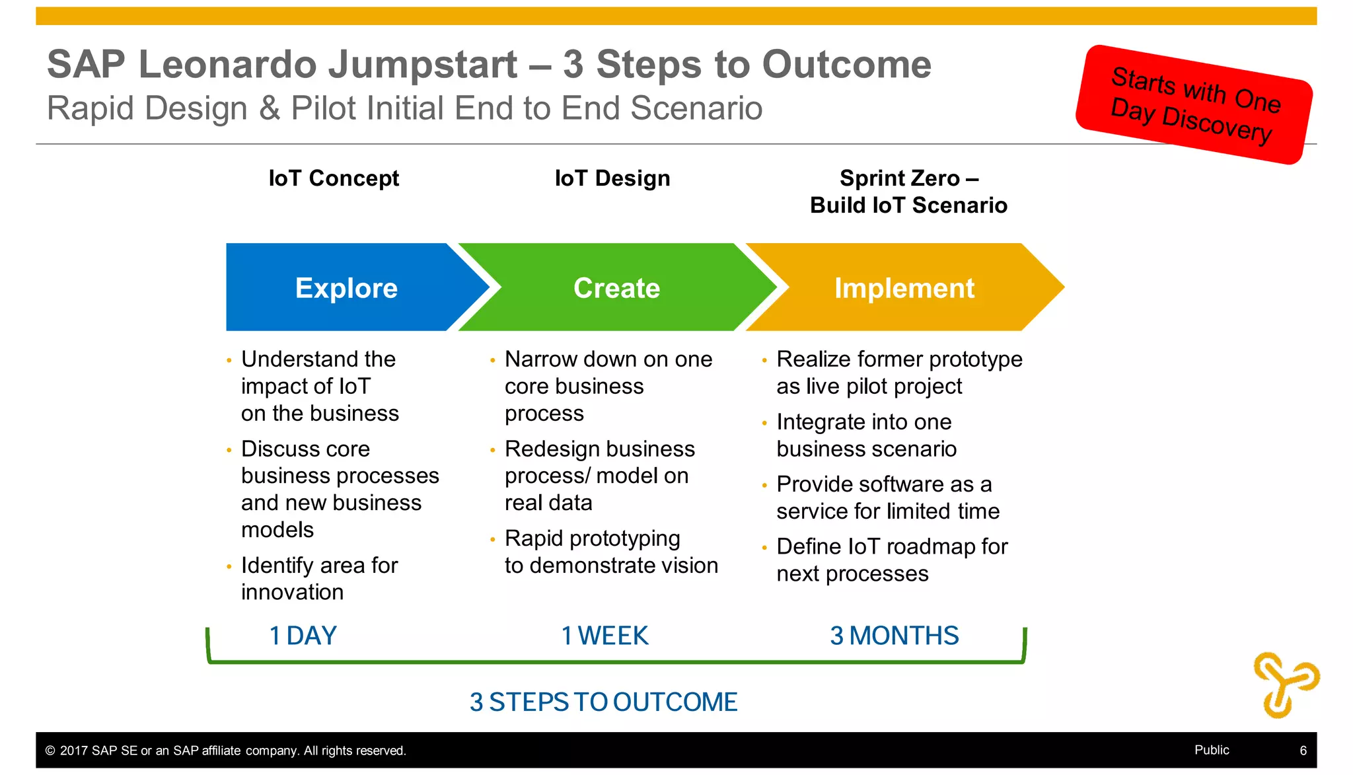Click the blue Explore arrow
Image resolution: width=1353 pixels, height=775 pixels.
pyautogui.click(x=346, y=288)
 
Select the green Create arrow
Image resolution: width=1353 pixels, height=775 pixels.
pyautogui.click(x=616, y=288)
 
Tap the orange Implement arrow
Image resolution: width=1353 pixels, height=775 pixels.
pyautogui.click(x=904, y=288)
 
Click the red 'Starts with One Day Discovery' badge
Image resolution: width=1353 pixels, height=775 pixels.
pyautogui.click(x=1194, y=104)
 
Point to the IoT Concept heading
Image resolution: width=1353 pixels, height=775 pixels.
pyautogui.click(x=334, y=178)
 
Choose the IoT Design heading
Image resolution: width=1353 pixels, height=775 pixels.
pyautogui.click(x=612, y=178)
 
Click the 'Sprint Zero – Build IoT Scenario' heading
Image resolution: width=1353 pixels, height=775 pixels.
pyautogui.click(x=908, y=192)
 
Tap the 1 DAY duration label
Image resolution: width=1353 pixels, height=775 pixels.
pyautogui.click(x=303, y=636)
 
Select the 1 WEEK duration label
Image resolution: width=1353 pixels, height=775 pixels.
pyautogui.click(x=604, y=636)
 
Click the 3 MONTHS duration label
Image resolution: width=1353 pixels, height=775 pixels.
pyautogui.click(x=894, y=636)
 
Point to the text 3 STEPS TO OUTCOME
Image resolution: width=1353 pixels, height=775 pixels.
pyautogui.click(x=603, y=702)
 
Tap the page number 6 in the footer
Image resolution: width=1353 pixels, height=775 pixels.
pyautogui.click(x=1303, y=751)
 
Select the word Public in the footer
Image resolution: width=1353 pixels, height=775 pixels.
pyautogui.click(x=1212, y=750)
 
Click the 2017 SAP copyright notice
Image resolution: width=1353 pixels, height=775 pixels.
pyautogui.click(x=225, y=751)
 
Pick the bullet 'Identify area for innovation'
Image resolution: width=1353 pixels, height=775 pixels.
pyautogui.click(x=319, y=579)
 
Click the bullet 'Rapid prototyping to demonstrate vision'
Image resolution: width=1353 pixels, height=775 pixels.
pyautogui.click(x=610, y=552)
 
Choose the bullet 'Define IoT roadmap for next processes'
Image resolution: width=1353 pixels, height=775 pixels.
pyautogui.click(x=891, y=560)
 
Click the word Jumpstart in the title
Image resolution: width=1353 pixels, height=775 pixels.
pyautogui.click(x=423, y=65)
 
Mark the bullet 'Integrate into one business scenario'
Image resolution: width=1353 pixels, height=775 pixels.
pyautogui.click(x=865, y=435)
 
